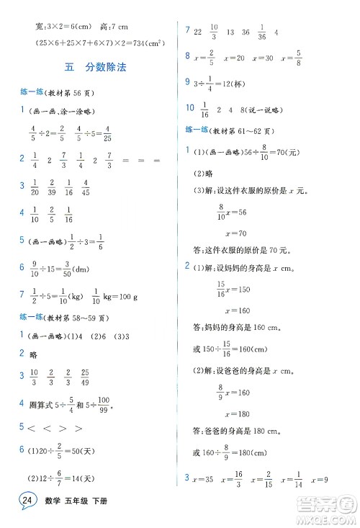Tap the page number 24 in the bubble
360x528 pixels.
tap(27, 501)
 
